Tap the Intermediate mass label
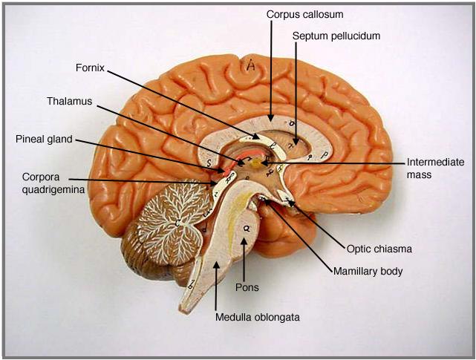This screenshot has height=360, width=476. (435, 168)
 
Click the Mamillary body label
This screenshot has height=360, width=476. (368, 272)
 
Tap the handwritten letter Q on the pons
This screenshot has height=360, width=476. (246, 229)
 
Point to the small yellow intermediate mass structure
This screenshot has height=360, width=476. (257, 161)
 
